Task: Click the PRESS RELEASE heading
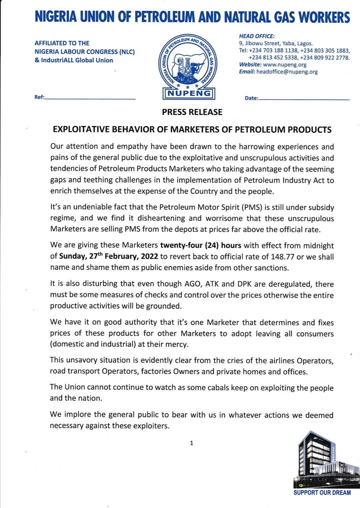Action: point(192,112)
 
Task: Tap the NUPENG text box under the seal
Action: point(189,93)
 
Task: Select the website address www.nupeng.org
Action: point(285,65)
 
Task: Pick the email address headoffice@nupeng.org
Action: point(287,72)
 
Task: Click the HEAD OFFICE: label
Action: point(257,36)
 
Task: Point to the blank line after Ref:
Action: point(90,98)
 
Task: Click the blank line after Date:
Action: point(304,99)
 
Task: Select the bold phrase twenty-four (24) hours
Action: point(201,245)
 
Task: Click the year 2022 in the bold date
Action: point(149,257)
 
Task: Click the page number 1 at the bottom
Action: point(191,443)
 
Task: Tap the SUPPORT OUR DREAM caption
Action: point(322,493)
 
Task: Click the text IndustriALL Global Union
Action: point(77,60)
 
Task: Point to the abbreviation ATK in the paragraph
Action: point(212,284)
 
